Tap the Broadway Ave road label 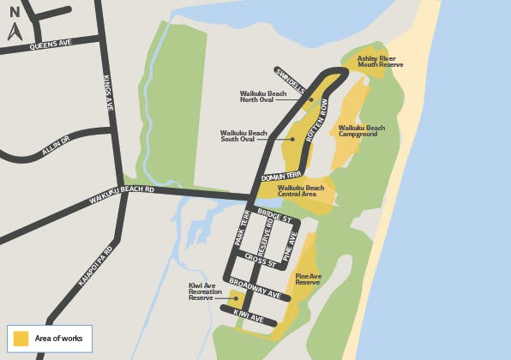click(255, 287)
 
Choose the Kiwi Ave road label click(248, 316)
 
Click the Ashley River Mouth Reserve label click(380, 62)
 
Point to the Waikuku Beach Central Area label click(301, 190)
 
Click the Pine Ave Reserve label click(308, 279)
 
